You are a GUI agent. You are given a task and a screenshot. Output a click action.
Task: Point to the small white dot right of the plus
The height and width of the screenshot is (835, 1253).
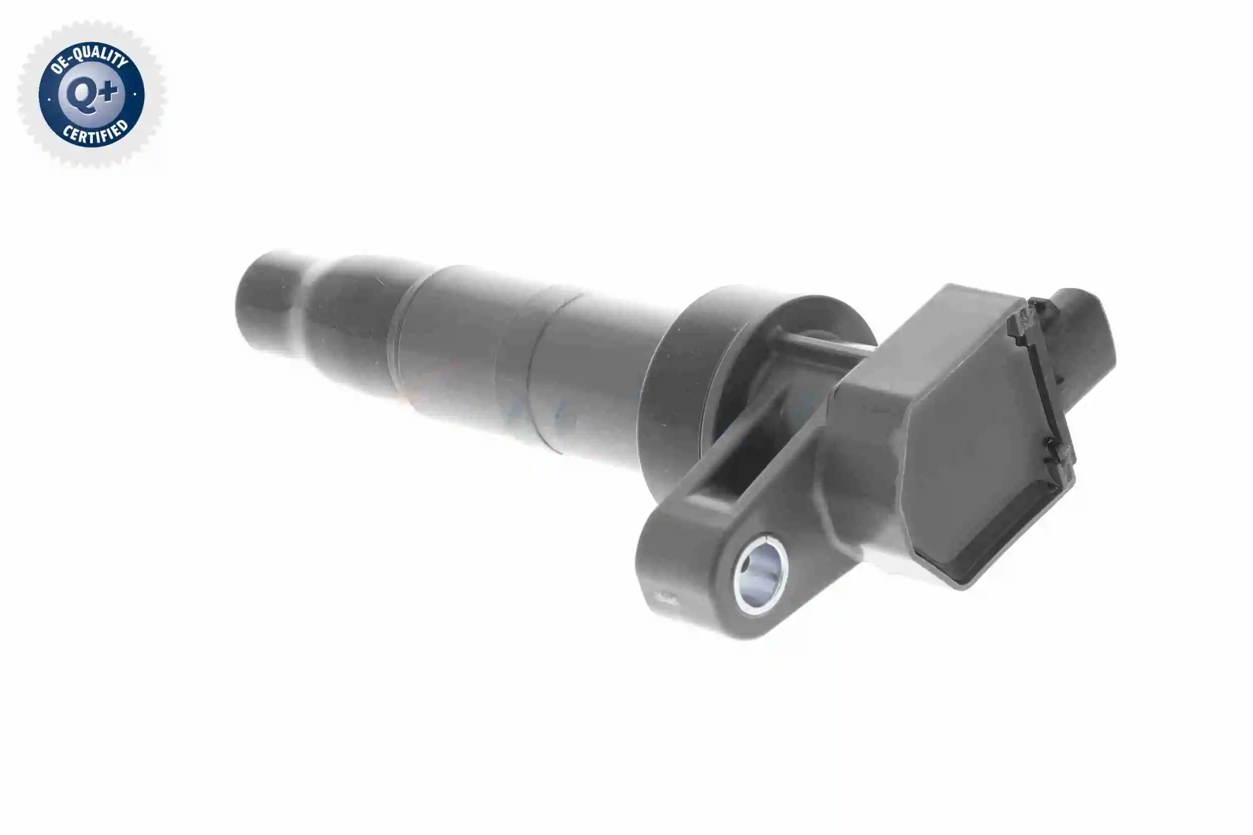coord(135,94)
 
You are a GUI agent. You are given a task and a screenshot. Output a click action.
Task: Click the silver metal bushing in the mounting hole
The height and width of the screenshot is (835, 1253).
coord(760,582)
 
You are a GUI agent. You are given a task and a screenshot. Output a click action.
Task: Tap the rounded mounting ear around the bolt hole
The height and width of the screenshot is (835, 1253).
coord(708,575)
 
